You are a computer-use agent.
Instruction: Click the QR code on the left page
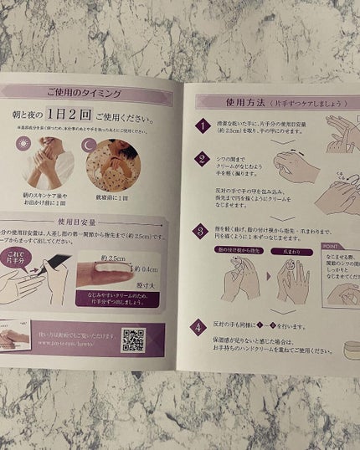coord(133,340)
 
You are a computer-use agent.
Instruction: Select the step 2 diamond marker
coord(202,159)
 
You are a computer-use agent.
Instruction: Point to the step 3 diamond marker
coord(201,232)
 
